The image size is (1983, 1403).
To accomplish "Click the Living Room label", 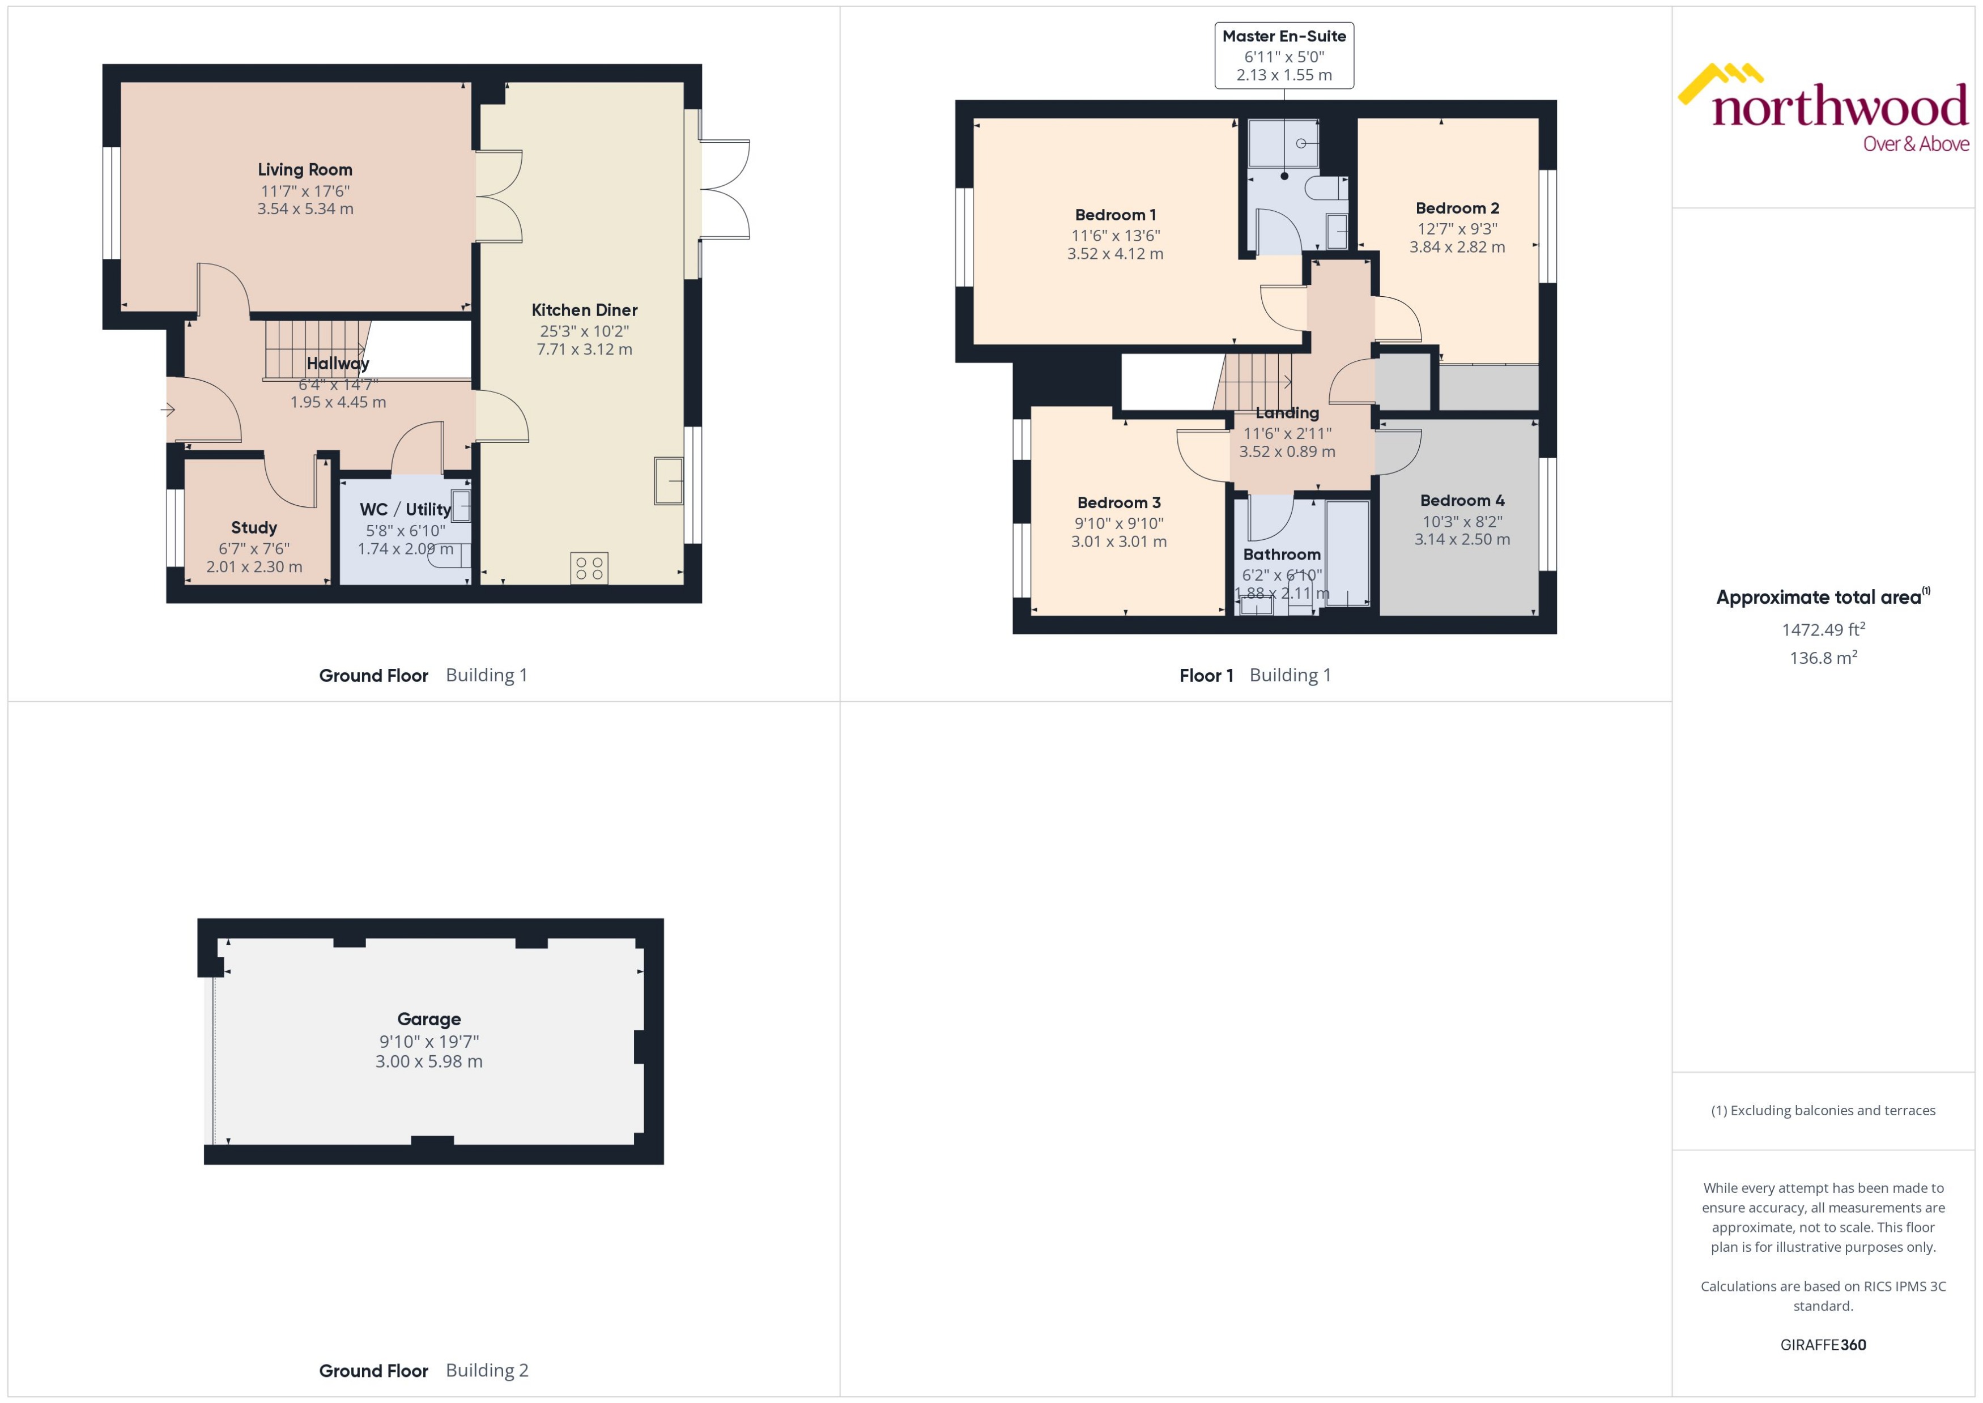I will click(x=305, y=169).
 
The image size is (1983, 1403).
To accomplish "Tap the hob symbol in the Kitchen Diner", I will click(x=589, y=568).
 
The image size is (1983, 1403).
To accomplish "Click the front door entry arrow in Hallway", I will click(x=168, y=410).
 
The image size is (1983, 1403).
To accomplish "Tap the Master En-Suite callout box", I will click(x=1284, y=56).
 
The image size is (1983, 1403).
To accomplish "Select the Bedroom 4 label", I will click(x=1462, y=500).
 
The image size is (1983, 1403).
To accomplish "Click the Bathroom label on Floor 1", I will click(x=1282, y=555).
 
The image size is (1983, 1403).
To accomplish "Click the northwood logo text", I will click(x=1840, y=108).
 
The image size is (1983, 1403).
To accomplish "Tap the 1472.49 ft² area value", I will click(x=1823, y=630).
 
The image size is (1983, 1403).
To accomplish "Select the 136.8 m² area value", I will click(x=1823, y=658).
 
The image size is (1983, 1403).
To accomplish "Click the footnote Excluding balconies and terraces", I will click(x=1823, y=1110).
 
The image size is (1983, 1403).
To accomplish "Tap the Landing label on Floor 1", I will click(x=1287, y=413).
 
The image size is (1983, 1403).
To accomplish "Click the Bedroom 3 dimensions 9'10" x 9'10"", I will click(x=1119, y=523).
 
